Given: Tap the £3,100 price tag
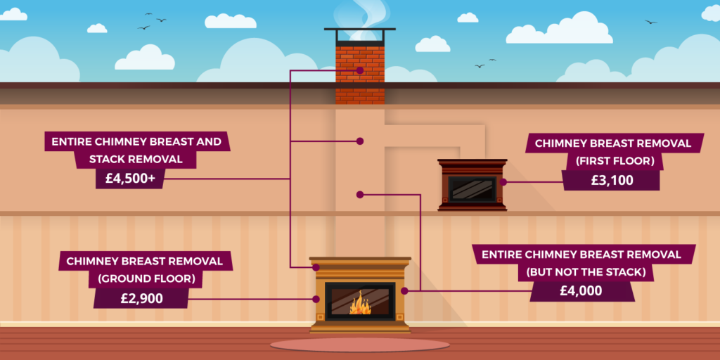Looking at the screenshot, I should point(611,180).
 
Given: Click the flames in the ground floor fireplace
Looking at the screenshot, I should point(360,303).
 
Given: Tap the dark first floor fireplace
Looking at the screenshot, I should point(472,185).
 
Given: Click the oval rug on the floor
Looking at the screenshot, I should point(359,345).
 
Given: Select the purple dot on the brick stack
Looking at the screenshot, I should point(360,70).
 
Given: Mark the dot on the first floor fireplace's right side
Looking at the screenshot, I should point(503,181).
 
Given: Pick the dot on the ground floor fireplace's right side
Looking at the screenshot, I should point(404,290).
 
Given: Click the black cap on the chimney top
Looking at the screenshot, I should point(360,31).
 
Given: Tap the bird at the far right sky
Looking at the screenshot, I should point(650,22).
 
